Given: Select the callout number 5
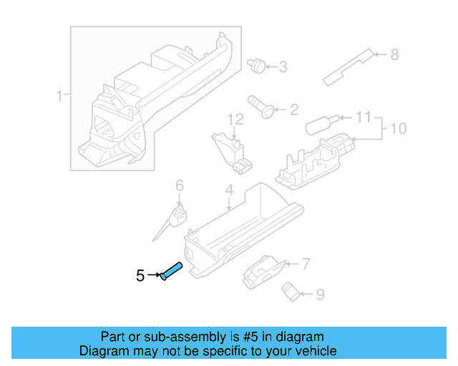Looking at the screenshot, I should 141,274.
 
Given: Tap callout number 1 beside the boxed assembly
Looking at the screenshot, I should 60,95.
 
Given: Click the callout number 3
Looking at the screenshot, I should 283,67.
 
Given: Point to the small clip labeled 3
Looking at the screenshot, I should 255,66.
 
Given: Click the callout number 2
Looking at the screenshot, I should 293,109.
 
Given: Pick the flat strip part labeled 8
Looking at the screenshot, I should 349,67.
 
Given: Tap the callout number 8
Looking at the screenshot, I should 394,54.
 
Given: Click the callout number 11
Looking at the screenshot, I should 364,117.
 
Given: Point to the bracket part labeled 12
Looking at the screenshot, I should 233,151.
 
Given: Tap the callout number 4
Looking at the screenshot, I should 229,190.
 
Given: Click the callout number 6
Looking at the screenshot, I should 180,186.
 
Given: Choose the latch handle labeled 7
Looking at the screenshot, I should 262,271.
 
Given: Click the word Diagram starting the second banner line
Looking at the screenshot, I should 101,351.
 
